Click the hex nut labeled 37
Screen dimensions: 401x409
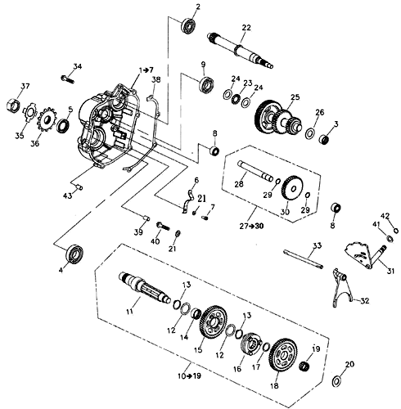coord(13,106)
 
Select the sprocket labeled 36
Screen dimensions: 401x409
coord(47,120)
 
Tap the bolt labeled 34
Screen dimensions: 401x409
coord(67,79)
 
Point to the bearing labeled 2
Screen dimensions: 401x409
coord(188,25)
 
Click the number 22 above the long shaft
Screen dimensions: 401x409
coord(246,28)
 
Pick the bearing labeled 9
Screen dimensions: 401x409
coord(206,84)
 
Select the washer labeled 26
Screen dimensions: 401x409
coord(309,133)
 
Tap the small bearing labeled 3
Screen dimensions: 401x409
coord(324,140)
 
